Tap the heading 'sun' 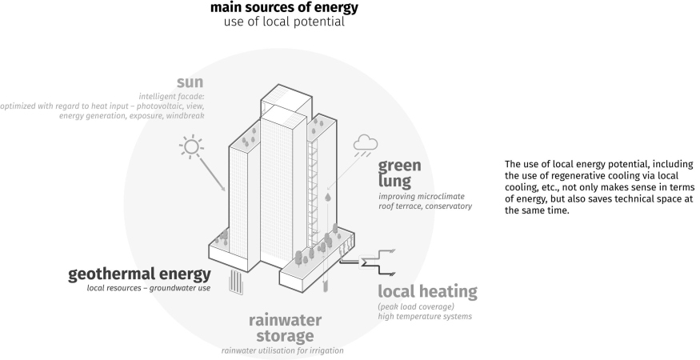(x=191, y=82)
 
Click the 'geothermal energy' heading (x=139, y=275)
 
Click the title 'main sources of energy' (x=284, y=8)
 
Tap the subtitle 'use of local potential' (x=284, y=22)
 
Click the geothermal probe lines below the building (x=236, y=282)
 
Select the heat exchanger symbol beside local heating (x=369, y=262)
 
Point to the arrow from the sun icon (x=212, y=174)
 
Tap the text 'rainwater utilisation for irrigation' (x=284, y=350)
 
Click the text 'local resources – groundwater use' (x=149, y=288)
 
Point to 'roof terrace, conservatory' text (x=425, y=206)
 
